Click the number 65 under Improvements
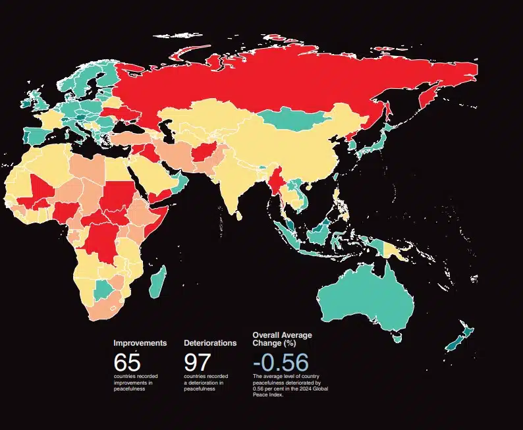point(126,363)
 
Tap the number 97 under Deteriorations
point(197,363)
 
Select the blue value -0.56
point(280,363)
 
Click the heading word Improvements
point(140,343)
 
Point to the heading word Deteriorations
point(210,343)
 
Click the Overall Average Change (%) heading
point(282,339)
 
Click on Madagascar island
point(157,282)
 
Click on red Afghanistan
point(202,155)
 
